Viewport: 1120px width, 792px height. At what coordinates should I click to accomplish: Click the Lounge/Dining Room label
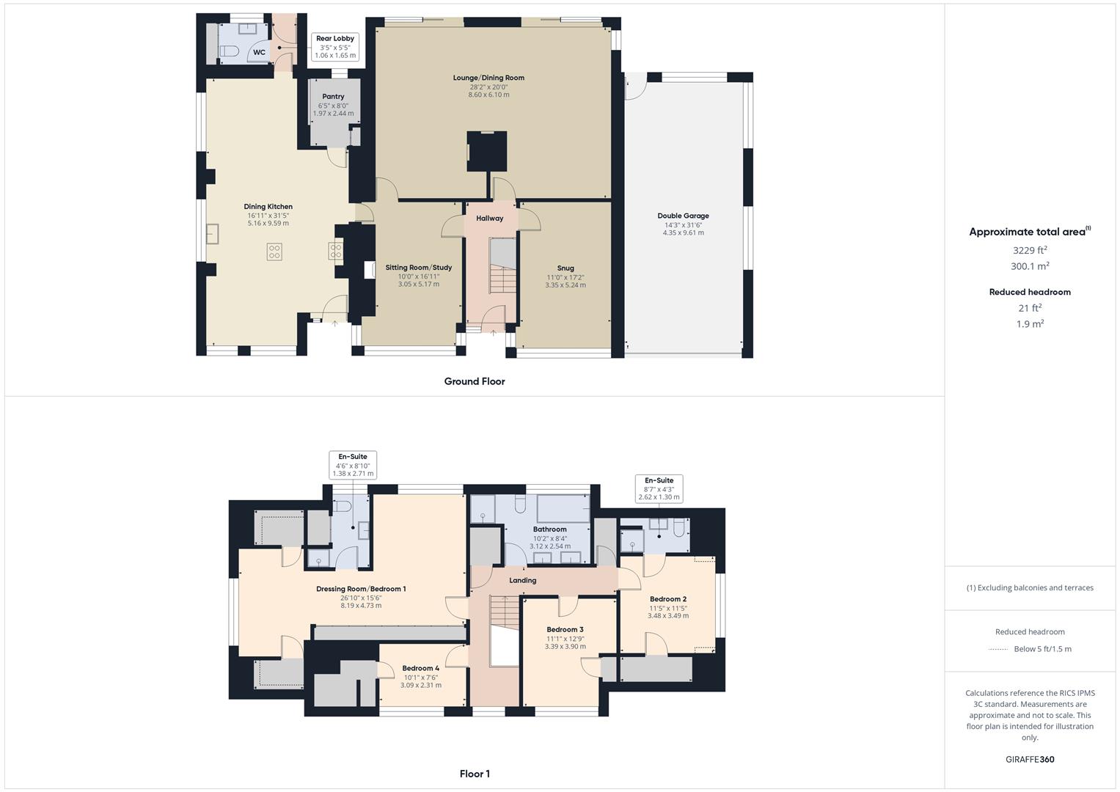[x=488, y=78]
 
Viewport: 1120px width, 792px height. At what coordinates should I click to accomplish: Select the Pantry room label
[x=333, y=97]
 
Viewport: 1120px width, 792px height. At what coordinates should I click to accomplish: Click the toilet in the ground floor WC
[x=230, y=51]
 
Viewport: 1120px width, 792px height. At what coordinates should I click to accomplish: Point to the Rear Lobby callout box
[x=334, y=47]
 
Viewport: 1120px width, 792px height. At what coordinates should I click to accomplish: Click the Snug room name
[x=565, y=268]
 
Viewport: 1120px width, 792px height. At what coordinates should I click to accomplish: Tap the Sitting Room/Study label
[x=418, y=268]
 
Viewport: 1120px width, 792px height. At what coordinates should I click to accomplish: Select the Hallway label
[x=489, y=218]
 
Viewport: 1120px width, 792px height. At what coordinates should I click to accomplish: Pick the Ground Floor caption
[x=474, y=381]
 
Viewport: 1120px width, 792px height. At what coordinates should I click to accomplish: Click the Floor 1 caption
[x=474, y=774]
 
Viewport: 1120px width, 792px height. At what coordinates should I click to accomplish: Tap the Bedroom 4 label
[x=421, y=668]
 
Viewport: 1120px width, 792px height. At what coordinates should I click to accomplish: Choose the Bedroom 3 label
[x=565, y=629]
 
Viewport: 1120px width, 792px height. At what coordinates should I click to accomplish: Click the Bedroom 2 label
[x=667, y=599]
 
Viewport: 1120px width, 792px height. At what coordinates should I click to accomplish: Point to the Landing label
[x=522, y=580]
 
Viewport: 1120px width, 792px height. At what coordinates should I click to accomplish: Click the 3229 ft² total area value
[x=1029, y=251]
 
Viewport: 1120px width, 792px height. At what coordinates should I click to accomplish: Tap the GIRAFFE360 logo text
[x=1030, y=759]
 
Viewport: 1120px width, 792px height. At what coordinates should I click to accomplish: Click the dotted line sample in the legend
[x=998, y=649]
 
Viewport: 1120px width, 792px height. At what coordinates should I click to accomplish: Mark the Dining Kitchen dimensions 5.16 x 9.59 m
[x=268, y=223]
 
